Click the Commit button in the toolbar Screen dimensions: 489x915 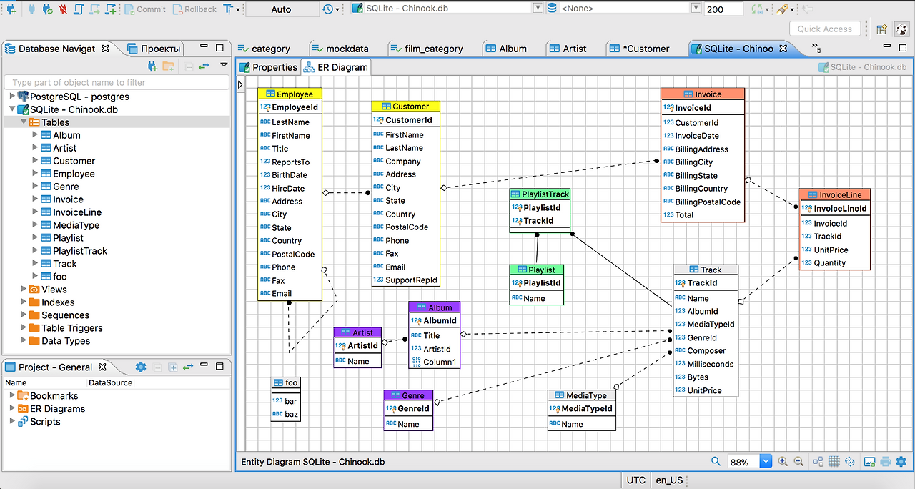146,9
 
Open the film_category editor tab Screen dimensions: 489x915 433,49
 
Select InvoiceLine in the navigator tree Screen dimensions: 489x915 77,212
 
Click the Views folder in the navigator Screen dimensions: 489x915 54,290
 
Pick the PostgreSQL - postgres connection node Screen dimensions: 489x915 79,97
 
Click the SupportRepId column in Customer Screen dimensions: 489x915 411,280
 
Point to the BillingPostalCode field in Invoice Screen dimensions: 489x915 708,202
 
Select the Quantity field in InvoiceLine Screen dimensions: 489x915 829,263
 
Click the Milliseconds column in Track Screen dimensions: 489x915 710,364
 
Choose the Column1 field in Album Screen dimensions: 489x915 440,362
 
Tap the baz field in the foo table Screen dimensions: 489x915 290,415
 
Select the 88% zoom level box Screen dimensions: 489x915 743,463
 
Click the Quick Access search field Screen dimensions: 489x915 824,29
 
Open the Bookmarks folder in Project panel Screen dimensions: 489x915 54,396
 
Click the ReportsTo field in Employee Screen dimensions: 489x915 290,162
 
